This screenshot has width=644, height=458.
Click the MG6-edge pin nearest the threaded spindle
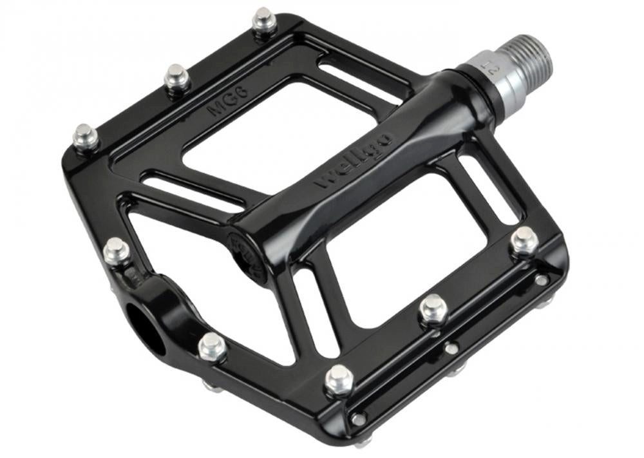pyautogui.click(x=263, y=21)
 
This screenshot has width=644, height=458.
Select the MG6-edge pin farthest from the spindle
pyautogui.click(x=85, y=137)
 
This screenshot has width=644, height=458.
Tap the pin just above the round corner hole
pyautogui.click(x=116, y=249)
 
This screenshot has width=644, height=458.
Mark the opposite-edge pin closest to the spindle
pyautogui.click(x=524, y=240)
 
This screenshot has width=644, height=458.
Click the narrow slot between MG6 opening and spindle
pyautogui.click(x=361, y=81)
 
